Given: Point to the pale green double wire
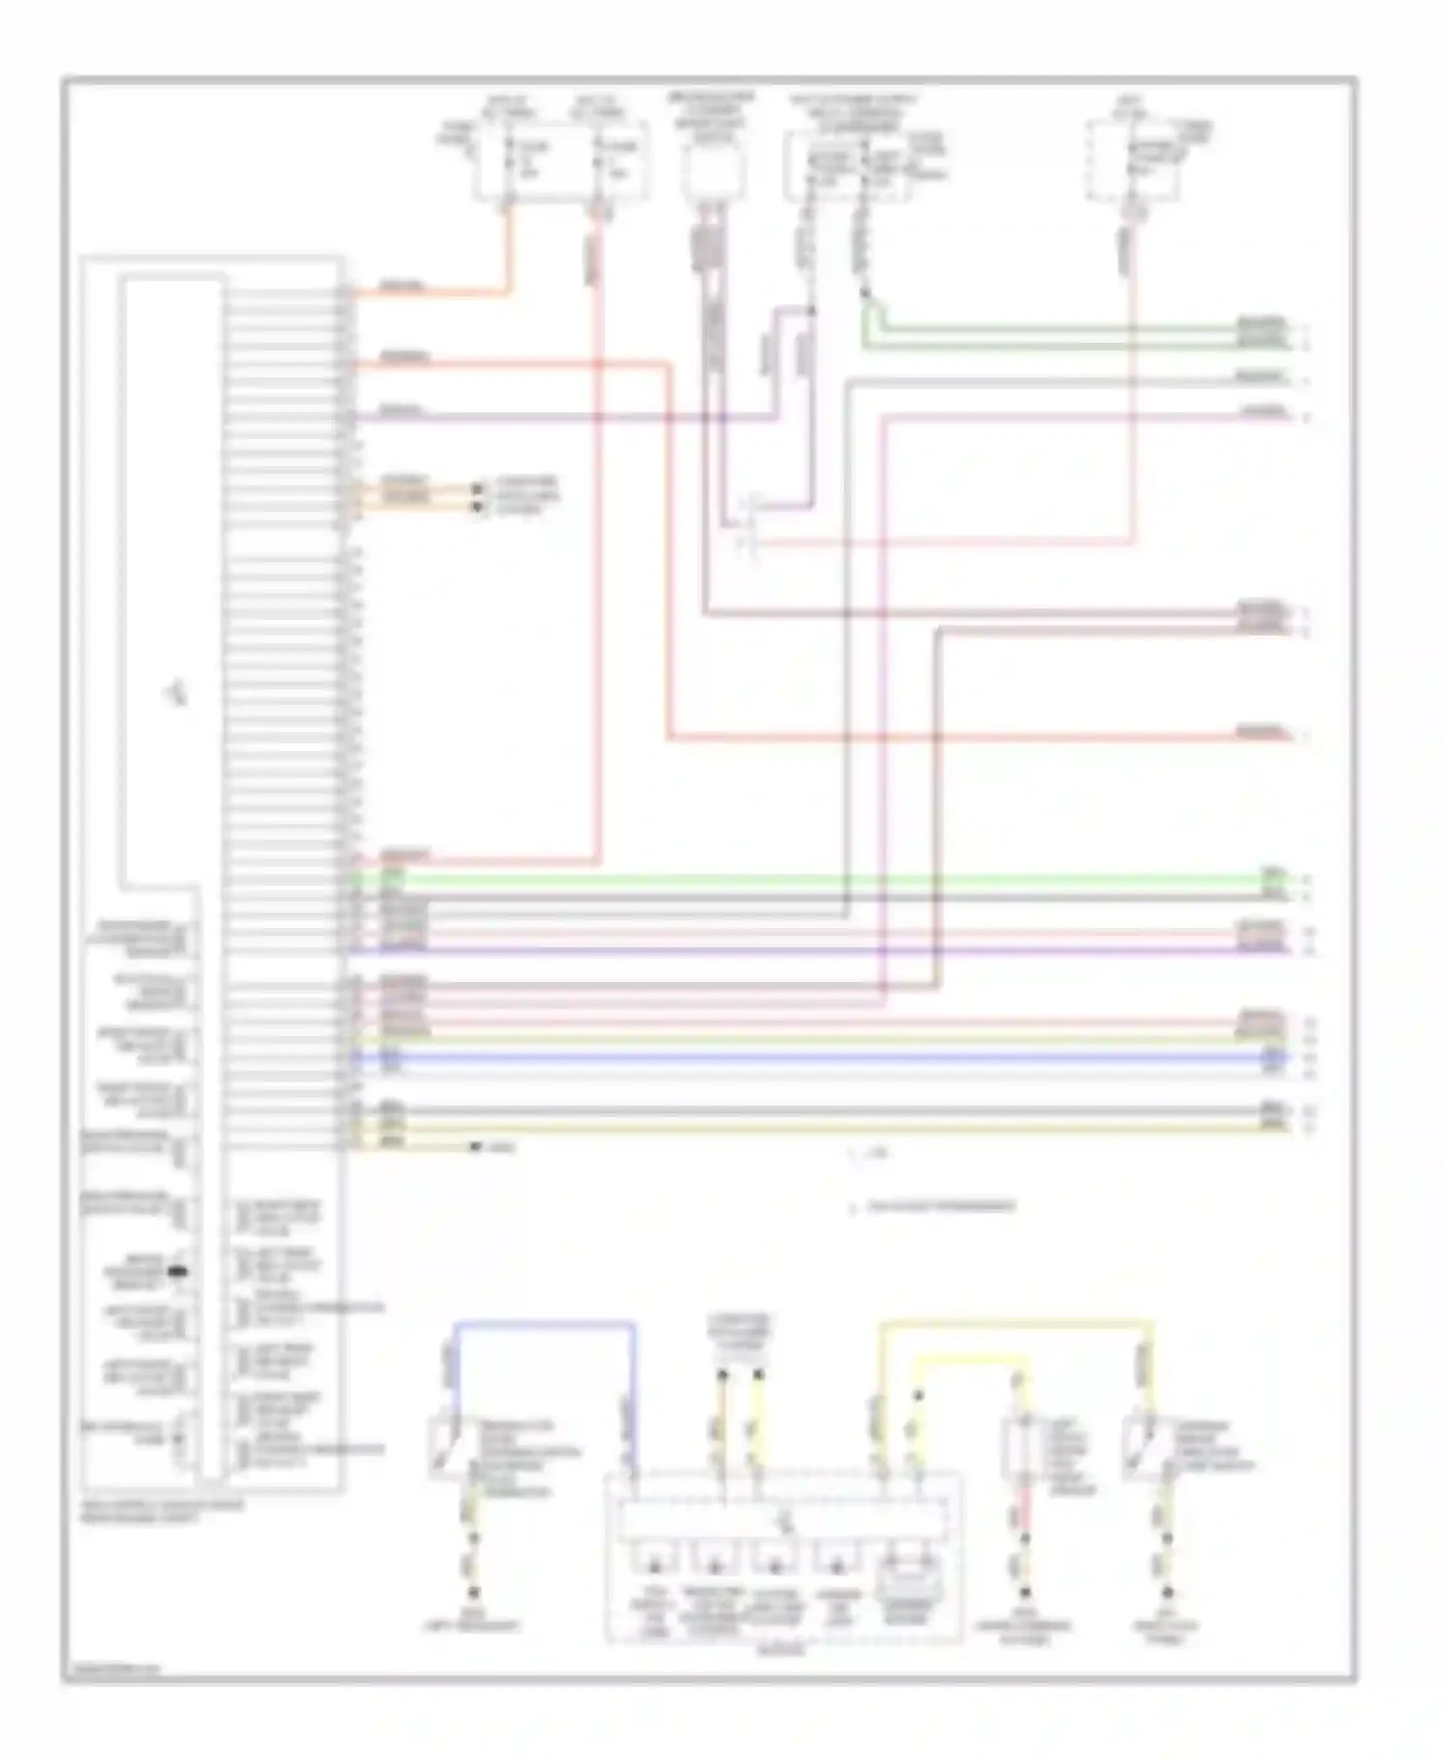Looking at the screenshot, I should (1060, 333).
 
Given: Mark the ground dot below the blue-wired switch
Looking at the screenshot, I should (473, 1592).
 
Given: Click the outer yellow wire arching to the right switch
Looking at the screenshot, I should (1011, 1326).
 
